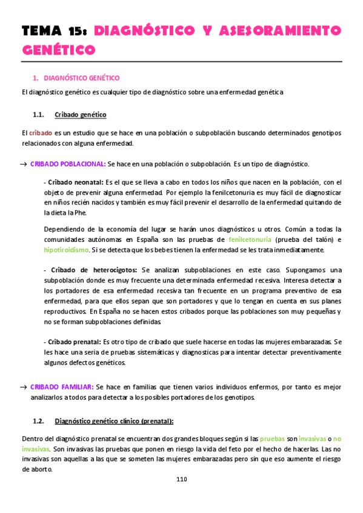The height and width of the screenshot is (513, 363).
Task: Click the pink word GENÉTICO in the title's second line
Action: tap(59, 50)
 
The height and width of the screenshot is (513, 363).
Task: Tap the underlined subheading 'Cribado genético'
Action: tap(80, 114)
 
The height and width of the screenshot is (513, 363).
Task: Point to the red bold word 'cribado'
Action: tap(40, 132)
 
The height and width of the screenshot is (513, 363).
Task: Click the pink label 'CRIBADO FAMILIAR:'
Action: tap(61, 387)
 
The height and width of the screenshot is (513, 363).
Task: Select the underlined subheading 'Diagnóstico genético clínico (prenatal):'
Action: tap(114, 421)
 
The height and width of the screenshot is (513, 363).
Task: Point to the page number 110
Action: tap(181, 479)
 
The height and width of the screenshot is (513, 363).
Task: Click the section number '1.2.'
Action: tap(38, 421)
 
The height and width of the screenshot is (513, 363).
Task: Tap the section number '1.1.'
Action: tap(38, 114)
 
